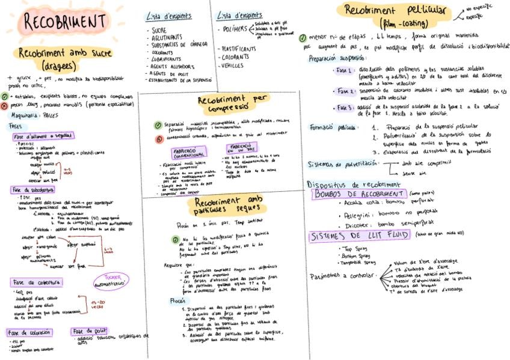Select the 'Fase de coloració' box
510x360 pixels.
click(x=29, y=332)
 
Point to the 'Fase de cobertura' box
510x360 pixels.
click(x=36, y=282)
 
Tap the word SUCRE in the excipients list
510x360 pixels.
click(x=159, y=29)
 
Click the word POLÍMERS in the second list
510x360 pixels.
click(x=235, y=28)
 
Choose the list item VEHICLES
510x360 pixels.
click(x=232, y=65)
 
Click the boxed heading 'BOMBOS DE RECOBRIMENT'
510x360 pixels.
click(x=358, y=194)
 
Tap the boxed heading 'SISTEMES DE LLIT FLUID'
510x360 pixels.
click(x=358, y=236)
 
